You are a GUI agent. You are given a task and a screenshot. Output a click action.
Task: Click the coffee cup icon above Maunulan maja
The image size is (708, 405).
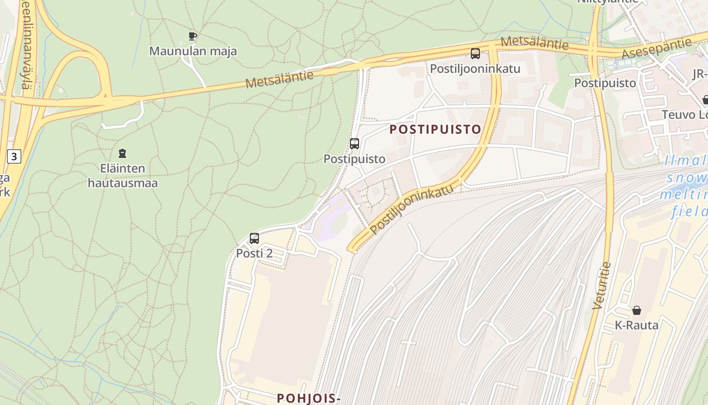192,36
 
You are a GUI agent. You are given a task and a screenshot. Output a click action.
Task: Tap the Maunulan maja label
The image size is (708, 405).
193,51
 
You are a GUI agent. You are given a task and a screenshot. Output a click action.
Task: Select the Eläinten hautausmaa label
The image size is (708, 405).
122,176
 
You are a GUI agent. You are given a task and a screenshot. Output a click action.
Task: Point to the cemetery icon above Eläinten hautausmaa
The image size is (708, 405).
122,153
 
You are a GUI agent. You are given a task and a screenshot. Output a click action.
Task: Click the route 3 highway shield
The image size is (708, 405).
14,156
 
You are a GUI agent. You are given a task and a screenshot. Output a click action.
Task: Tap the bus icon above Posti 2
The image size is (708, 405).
254,238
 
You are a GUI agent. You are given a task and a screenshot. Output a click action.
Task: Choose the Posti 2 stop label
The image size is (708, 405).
254,253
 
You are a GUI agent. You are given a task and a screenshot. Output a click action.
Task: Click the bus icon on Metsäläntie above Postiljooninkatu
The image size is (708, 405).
475,53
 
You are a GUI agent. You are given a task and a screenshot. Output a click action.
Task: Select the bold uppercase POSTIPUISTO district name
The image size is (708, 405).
435,129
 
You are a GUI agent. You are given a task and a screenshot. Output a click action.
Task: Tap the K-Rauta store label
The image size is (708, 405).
636,325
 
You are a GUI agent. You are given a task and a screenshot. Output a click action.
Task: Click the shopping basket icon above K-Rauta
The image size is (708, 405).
636,310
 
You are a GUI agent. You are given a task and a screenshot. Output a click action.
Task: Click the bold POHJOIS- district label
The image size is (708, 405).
308,398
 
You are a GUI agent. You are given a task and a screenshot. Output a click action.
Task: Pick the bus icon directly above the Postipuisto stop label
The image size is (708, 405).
355,143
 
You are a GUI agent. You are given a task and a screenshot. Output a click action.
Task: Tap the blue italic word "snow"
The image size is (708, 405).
687,178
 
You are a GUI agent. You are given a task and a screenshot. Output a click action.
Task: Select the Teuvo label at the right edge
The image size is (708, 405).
685,115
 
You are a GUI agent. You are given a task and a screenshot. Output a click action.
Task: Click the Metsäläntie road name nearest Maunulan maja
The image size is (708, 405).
279,79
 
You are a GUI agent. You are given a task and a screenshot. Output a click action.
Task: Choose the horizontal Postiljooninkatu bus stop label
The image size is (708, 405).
475,68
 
